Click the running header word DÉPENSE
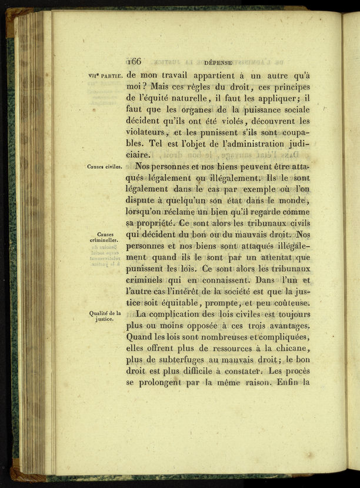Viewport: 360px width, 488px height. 218,61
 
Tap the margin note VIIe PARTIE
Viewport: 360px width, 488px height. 105,75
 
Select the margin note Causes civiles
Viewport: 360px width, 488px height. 105,166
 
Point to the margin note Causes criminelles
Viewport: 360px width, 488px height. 106,236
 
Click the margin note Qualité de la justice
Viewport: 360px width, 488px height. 105,316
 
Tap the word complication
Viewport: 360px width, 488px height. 182,315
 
